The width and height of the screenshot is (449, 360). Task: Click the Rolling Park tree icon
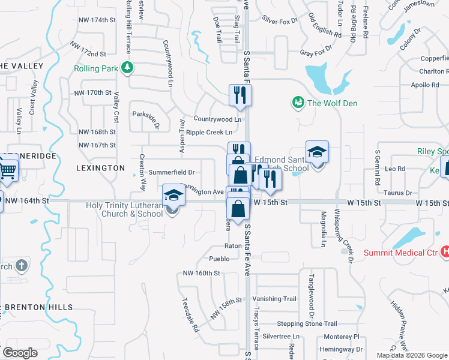click(127, 67)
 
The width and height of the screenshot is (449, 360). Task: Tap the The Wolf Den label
click(332, 103)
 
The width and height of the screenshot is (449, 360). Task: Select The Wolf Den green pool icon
click(297, 103)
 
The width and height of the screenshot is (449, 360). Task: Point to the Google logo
click(20, 352)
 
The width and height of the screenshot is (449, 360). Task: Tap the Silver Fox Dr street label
click(280, 21)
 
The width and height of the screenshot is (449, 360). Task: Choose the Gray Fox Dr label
click(316, 53)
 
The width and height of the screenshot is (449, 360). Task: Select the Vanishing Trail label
click(274, 299)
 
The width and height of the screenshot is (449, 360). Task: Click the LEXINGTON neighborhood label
click(100, 169)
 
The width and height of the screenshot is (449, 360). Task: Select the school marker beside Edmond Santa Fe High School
click(317, 152)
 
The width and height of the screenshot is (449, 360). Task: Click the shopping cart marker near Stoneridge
click(8, 167)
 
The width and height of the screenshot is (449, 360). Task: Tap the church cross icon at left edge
click(21, 265)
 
